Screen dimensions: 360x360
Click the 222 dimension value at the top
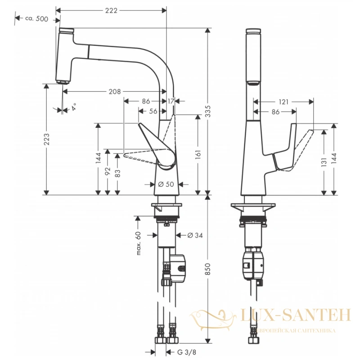click(111, 10)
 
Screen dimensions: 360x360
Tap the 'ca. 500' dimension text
click(37, 18)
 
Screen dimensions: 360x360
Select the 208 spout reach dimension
click(115, 92)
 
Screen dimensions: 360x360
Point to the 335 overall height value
click(207, 111)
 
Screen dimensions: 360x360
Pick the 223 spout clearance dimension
click(47, 139)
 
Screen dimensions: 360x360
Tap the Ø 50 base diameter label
click(166, 184)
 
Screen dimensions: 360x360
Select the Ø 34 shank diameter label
click(195, 235)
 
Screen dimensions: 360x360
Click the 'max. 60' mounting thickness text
click(139, 243)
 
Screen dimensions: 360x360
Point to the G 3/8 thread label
click(187, 352)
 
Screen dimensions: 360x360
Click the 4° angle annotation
click(74, 107)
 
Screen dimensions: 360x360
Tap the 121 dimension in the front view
click(283, 102)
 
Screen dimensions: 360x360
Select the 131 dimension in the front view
click(324, 162)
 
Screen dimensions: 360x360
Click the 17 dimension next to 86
click(171, 101)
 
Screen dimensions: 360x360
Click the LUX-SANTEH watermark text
click(296, 315)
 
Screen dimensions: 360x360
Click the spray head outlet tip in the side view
click(63, 82)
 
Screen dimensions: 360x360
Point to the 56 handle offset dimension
click(153, 111)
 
